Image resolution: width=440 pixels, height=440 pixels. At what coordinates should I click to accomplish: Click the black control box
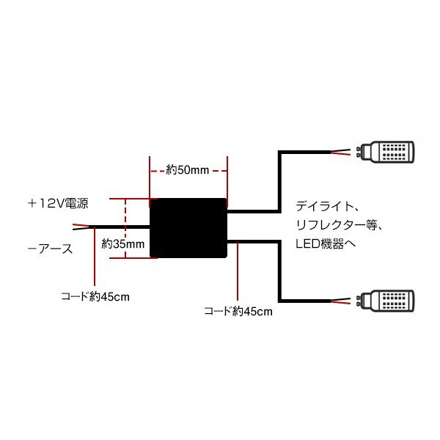[x=188, y=227]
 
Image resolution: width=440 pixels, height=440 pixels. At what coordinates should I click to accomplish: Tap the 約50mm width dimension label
[x=188, y=170]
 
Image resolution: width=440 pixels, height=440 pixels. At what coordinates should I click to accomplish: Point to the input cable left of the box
[x=121, y=227]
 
